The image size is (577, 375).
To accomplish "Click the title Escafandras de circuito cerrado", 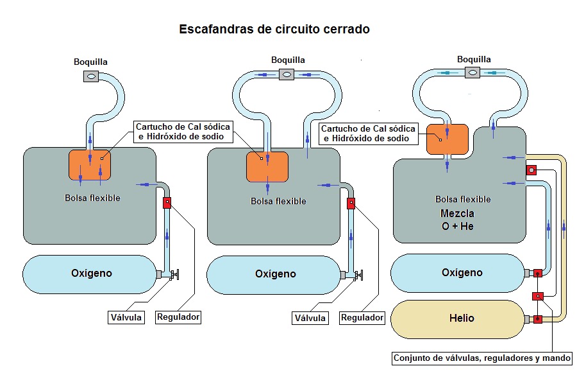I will (274, 30).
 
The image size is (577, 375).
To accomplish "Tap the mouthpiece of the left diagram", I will (91, 76).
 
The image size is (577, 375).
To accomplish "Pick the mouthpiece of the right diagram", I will (473, 73).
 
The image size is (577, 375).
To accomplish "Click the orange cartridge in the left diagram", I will (90, 164).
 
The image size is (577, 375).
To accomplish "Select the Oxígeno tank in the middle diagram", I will (274, 274).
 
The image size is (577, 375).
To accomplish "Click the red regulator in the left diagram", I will (167, 203).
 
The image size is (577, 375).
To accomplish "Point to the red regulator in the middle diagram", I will (351, 204).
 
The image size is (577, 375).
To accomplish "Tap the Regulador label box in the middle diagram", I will (362, 317).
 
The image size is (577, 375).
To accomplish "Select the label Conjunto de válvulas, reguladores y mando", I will (481, 358).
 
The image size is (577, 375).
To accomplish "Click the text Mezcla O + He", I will (457, 220).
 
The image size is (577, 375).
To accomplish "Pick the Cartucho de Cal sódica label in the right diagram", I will (369, 134).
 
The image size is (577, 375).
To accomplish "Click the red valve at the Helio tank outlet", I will (537, 318).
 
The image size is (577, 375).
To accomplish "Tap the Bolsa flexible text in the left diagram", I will (92, 198).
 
